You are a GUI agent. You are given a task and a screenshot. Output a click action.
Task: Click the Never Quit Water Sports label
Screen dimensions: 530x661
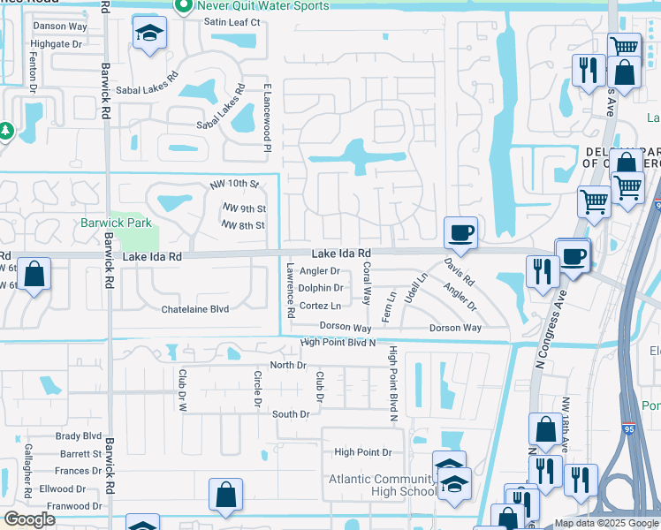(x=262, y=6)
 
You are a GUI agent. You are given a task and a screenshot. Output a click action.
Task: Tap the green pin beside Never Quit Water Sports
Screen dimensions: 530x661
(x=184, y=6)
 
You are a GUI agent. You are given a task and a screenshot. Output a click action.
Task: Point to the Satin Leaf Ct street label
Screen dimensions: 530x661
(x=232, y=21)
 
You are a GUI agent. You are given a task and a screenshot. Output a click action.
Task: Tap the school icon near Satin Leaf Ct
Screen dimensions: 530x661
(x=148, y=34)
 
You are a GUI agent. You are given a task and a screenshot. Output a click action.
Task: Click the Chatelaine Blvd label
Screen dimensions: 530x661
(x=194, y=309)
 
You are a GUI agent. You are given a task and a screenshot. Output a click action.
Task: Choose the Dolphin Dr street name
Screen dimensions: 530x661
(x=320, y=288)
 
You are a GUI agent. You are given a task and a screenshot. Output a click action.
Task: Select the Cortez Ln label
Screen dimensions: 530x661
(x=320, y=306)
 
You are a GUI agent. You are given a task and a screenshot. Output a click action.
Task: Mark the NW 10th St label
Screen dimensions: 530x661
(x=233, y=185)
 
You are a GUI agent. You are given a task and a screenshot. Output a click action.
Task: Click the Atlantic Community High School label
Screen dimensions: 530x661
(x=381, y=486)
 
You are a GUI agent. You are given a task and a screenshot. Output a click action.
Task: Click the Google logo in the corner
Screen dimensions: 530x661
(x=29, y=519)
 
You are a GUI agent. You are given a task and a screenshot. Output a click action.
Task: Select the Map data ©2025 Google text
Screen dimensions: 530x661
(x=606, y=523)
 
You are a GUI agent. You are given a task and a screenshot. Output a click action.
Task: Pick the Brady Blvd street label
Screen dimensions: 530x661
(x=79, y=435)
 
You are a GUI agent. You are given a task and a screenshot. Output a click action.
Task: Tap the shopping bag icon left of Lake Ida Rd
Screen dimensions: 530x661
(x=34, y=275)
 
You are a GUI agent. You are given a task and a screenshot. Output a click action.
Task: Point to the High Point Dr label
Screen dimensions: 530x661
(x=362, y=452)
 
